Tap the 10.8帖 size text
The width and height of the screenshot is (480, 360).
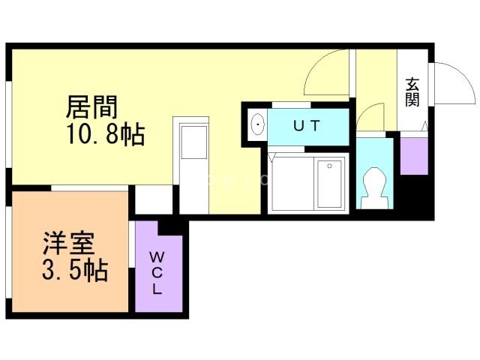pos(106,136)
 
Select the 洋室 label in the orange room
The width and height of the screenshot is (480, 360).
pos(68,244)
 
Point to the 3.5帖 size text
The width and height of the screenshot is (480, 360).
pos(75,269)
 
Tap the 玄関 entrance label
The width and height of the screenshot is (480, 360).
pos(412,92)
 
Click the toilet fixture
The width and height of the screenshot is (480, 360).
pos(372,185)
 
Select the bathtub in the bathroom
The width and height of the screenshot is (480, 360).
pos(331,184)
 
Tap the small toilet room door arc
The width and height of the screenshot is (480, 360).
pos(369,117)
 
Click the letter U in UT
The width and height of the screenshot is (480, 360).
pos(298,126)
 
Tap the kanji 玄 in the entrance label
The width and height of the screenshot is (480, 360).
pos(412,84)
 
